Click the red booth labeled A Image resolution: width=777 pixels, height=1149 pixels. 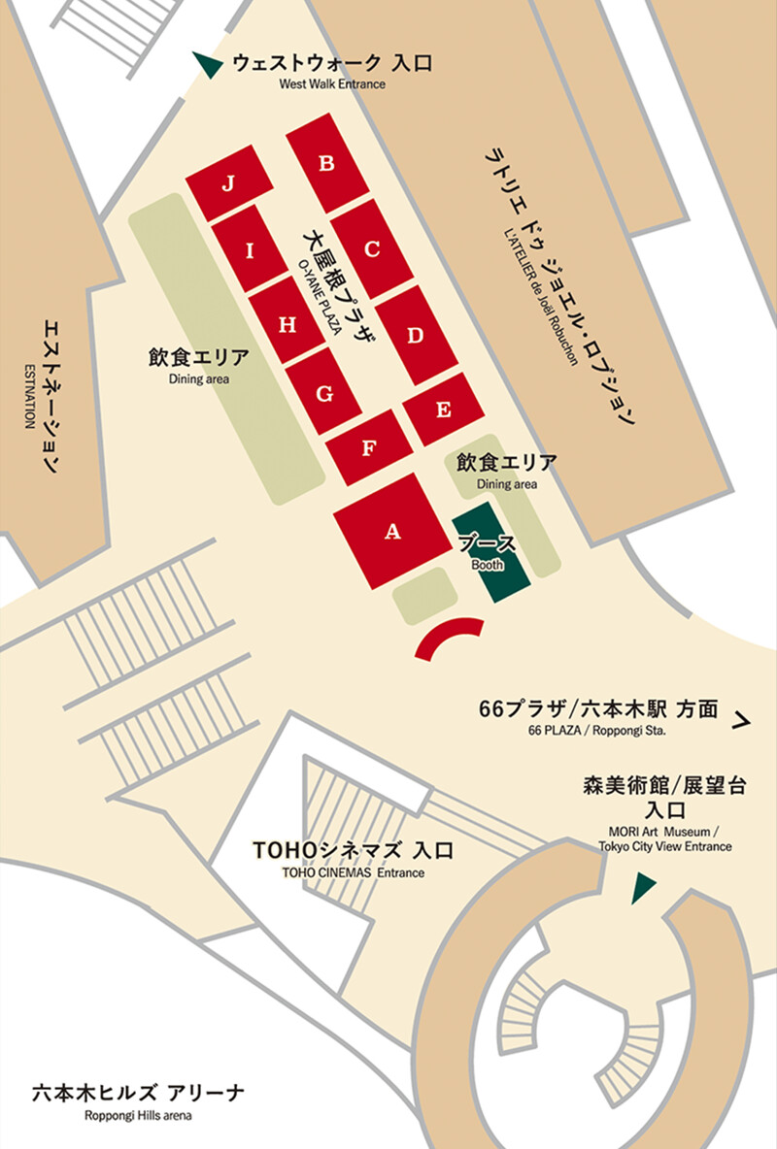[392, 531]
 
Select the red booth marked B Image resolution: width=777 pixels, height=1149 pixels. [327, 163]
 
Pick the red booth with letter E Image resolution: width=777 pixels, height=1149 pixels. [444, 409]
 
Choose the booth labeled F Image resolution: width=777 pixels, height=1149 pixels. [368, 447]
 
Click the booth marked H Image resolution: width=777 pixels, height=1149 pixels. [287, 325]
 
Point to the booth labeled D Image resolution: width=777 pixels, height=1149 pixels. [416, 336]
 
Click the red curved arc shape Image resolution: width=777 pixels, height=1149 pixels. [448, 636]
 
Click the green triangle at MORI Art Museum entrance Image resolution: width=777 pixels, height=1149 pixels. [642, 887]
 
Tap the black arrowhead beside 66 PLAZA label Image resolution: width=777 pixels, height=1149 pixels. [743, 720]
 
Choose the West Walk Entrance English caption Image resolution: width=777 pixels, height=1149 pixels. [331, 84]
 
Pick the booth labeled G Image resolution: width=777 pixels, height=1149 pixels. [324, 393]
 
